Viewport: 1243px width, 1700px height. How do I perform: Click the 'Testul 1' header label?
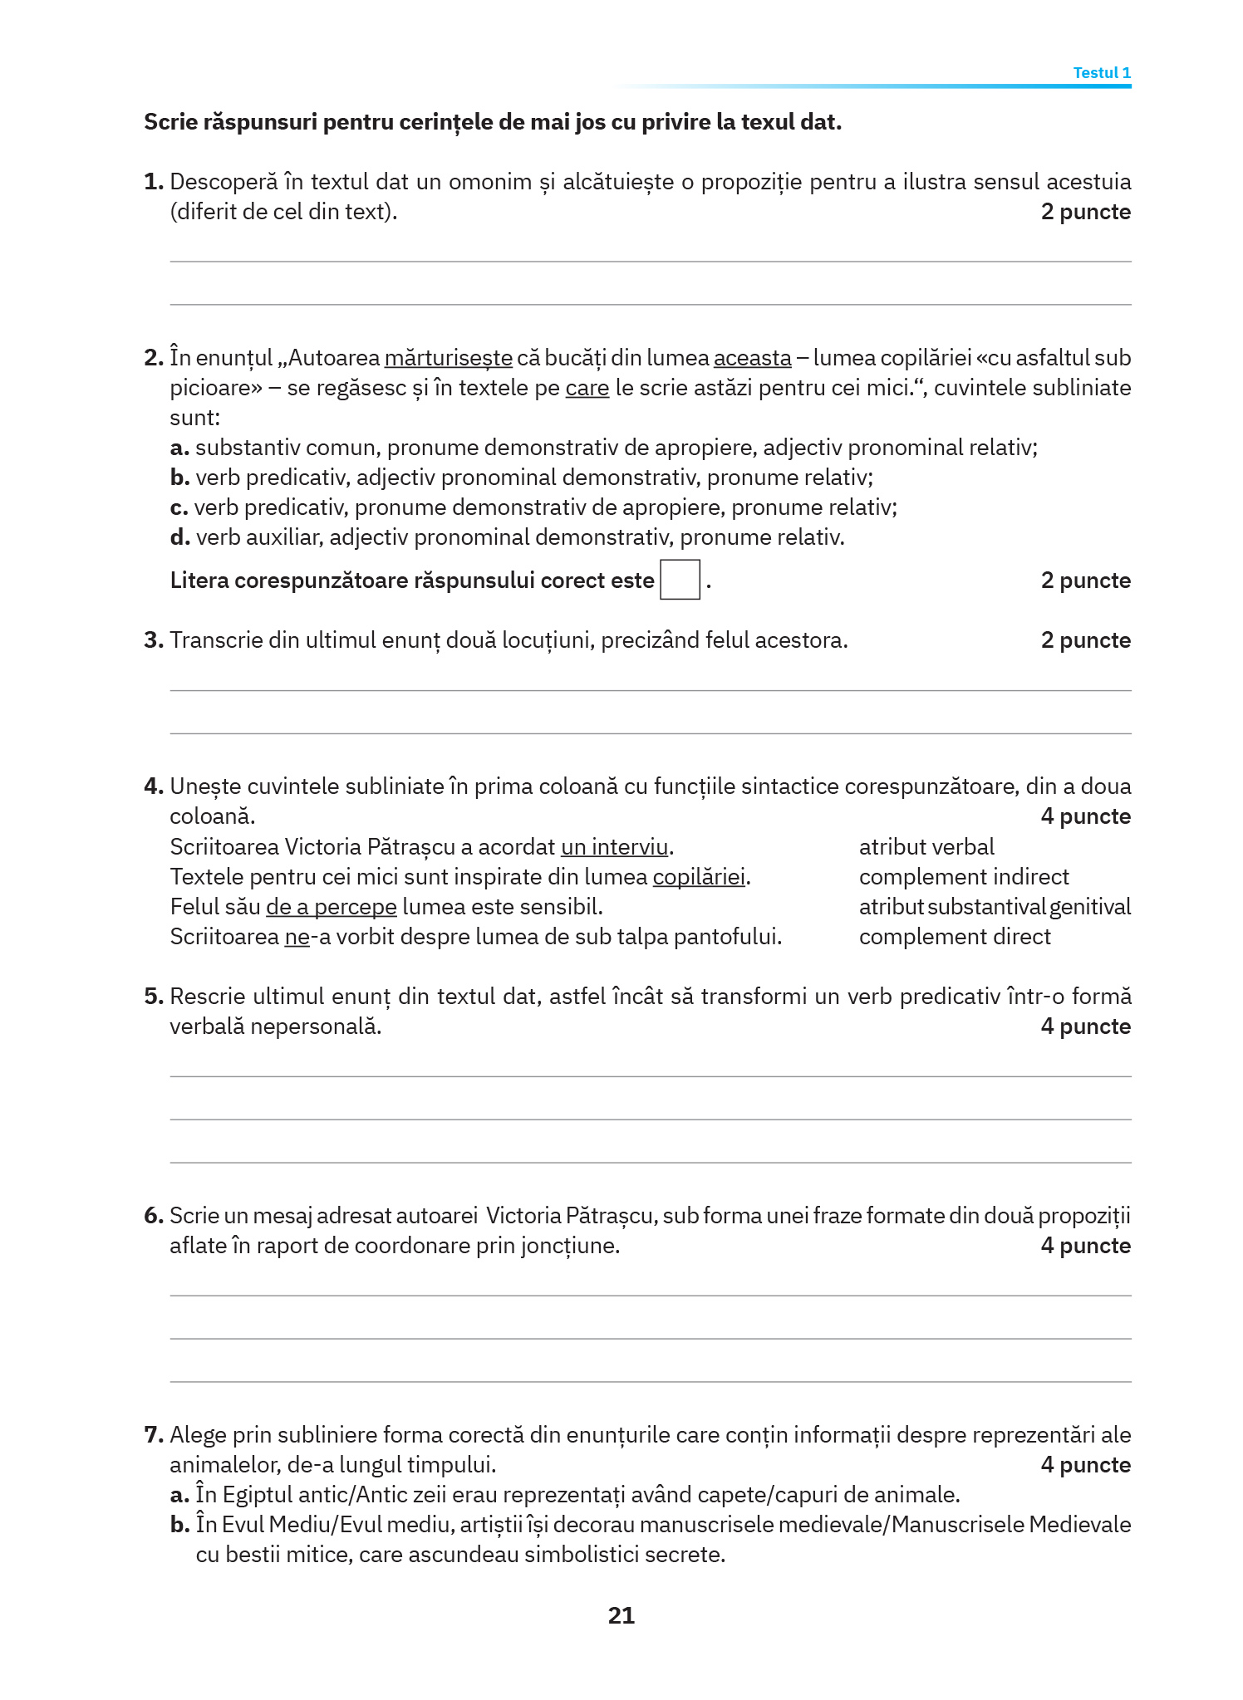[x=1101, y=73]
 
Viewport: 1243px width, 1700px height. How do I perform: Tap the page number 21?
[x=621, y=1615]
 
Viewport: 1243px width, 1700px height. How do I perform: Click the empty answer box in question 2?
[x=679, y=580]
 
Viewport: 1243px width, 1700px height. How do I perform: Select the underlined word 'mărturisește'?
[x=448, y=359]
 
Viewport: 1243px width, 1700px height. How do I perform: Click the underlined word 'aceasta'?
[x=752, y=359]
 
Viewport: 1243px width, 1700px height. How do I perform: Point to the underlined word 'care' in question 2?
[x=587, y=389]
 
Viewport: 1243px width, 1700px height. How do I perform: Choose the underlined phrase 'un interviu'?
[x=614, y=847]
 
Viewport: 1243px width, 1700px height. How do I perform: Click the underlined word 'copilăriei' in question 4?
[x=699, y=877]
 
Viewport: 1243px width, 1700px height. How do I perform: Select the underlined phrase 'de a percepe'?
[x=331, y=907]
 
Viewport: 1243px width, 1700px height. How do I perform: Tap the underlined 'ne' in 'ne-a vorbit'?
[x=297, y=938]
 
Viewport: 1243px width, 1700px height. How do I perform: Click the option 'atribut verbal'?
[x=926, y=847]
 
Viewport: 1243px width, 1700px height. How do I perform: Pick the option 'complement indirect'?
[x=963, y=877]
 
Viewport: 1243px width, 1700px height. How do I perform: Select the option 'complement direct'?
[x=954, y=937]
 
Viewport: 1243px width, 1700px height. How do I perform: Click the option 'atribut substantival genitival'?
[x=994, y=907]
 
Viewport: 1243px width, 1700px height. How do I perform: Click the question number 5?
[x=153, y=997]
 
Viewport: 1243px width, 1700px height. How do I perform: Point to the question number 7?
[x=153, y=1435]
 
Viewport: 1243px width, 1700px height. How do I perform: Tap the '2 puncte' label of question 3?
[x=1085, y=640]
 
